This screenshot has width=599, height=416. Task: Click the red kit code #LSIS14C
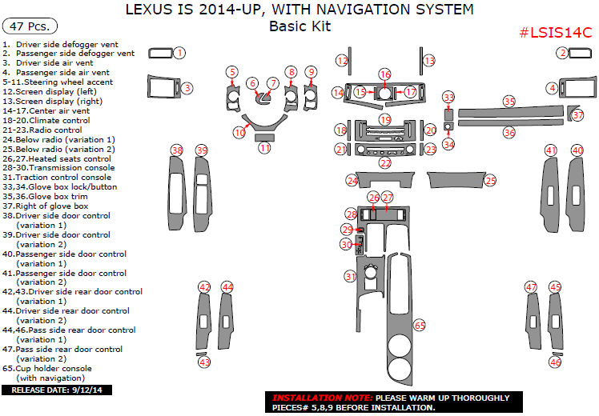(x=555, y=33)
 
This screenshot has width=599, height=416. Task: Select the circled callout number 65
(x=419, y=326)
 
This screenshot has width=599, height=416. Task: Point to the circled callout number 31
(x=350, y=276)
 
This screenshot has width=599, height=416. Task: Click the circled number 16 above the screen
(x=384, y=74)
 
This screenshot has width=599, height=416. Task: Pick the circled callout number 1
(x=180, y=53)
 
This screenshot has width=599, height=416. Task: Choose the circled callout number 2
(x=563, y=53)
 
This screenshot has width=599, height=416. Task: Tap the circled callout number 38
(x=177, y=150)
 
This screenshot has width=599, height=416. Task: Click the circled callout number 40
(x=577, y=150)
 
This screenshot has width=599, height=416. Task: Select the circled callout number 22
(x=385, y=163)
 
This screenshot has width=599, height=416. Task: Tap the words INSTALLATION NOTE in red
(x=321, y=398)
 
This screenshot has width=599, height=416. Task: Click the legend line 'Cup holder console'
(x=55, y=368)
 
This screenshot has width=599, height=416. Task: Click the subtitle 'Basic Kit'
(x=299, y=26)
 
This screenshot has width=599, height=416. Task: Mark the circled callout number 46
(x=555, y=362)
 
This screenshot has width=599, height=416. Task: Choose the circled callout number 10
(x=239, y=132)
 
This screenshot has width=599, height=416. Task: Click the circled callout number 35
(x=509, y=102)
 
